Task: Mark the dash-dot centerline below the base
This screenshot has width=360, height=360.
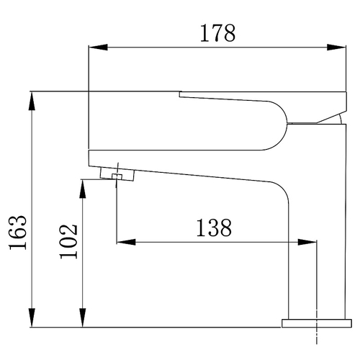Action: (x=317, y=338)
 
